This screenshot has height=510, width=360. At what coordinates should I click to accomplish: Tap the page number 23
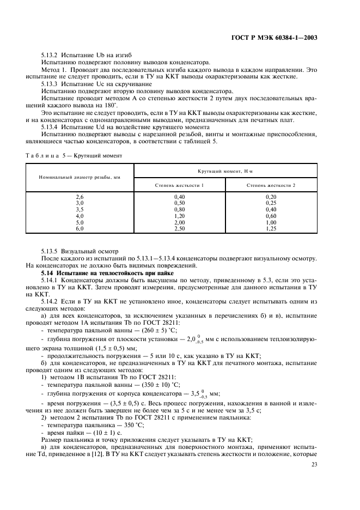(x=314, y=465)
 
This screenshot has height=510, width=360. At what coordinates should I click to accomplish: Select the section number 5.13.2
(x=51, y=56)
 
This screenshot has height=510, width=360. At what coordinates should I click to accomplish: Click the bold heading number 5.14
(x=48, y=271)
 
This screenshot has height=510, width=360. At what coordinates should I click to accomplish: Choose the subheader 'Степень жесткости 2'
(x=271, y=185)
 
